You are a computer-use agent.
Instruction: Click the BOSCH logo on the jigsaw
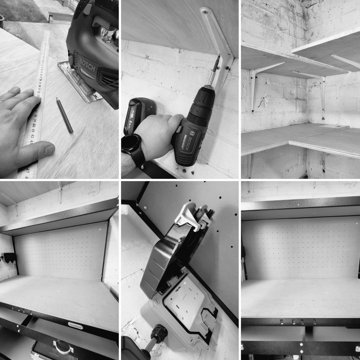pyautogui.click(x=88, y=65)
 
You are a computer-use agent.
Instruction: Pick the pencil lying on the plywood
pyautogui.click(x=65, y=115)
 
